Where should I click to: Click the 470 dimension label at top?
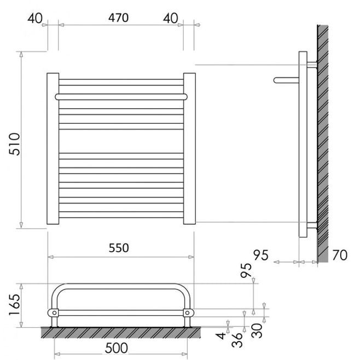point(118,18)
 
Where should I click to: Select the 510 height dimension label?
point(15,144)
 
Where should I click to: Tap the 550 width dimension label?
point(119,248)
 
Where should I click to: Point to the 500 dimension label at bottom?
point(116,348)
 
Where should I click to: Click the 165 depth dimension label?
point(15,304)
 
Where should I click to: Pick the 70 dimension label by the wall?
point(340,255)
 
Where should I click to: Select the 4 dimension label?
point(221,336)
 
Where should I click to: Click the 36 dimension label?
point(237,340)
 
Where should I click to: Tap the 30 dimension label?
point(257,330)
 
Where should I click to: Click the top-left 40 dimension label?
point(35,18)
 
